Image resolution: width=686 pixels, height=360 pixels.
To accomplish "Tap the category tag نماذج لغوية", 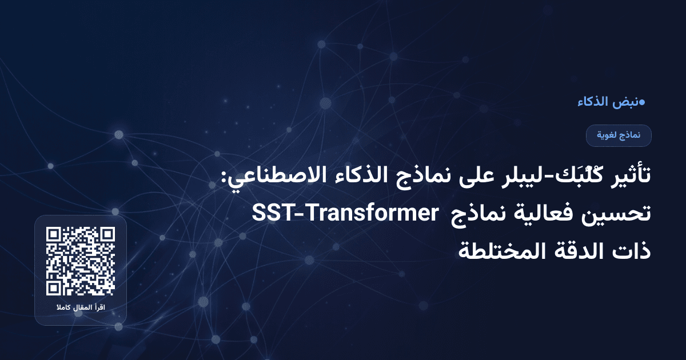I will coord(619,135).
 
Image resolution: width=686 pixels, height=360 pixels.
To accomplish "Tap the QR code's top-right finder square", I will coord(107,235).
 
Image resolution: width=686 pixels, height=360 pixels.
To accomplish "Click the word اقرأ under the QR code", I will coord(101,309).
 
